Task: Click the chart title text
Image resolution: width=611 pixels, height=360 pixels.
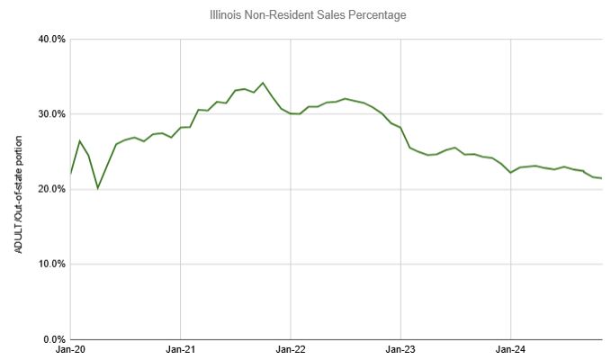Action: [x=305, y=14]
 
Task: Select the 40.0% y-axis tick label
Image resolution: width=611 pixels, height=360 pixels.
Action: [x=51, y=40]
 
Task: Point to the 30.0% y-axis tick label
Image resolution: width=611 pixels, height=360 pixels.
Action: [x=51, y=114]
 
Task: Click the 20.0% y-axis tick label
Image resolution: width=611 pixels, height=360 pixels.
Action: [x=51, y=189]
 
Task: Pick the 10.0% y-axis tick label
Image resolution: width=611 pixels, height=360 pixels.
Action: [x=51, y=264]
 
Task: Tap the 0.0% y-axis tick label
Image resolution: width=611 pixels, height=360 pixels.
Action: [x=54, y=338]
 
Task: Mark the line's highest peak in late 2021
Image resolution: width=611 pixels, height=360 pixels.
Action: [x=263, y=83]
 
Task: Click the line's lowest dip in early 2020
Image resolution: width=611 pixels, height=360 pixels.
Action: [x=97, y=188]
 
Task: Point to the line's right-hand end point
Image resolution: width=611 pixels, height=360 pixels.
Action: [x=601, y=178]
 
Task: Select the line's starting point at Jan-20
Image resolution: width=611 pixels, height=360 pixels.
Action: [x=70, y=174]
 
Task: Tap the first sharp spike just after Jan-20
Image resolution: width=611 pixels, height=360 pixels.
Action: [x=79, y=141]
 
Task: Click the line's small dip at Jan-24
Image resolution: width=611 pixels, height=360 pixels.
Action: [x=510, y=173]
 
